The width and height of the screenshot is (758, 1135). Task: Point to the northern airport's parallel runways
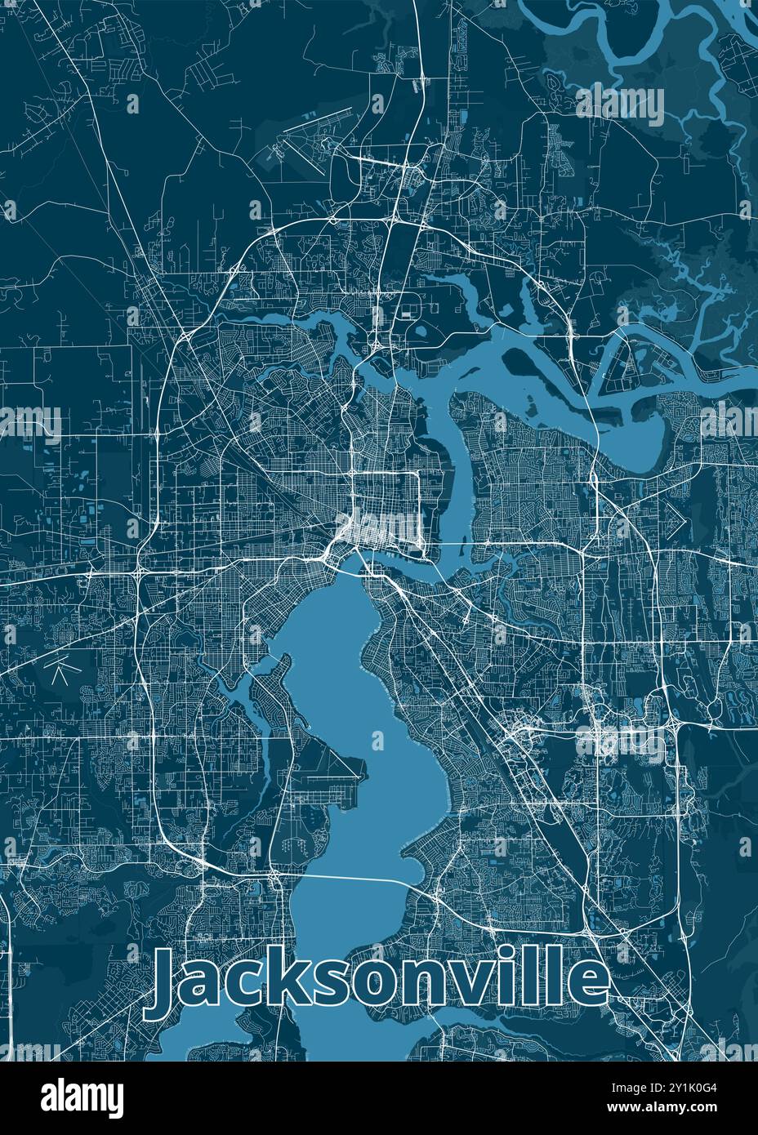(x=314, y=123)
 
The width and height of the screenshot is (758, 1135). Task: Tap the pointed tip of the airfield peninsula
(x=364, y=764)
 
